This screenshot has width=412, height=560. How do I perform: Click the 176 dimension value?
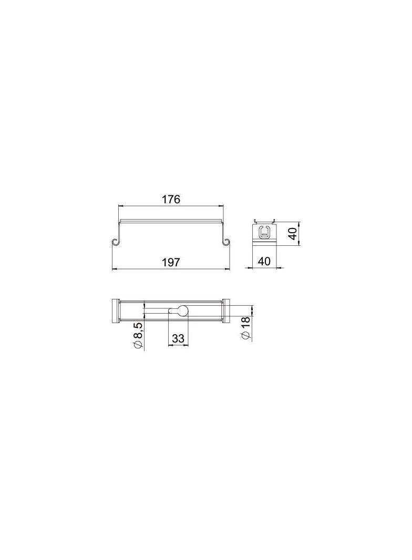pos(171,199)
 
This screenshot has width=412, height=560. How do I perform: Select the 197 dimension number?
pos(171,263)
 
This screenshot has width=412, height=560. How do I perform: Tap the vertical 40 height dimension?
pos(293,234)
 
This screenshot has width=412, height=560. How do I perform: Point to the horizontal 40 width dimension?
pos(264,261)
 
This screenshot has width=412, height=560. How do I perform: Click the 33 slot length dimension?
pos(178,338)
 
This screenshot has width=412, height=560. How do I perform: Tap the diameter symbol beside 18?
pos(246,335)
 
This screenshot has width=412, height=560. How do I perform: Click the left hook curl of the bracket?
pos(115,242)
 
